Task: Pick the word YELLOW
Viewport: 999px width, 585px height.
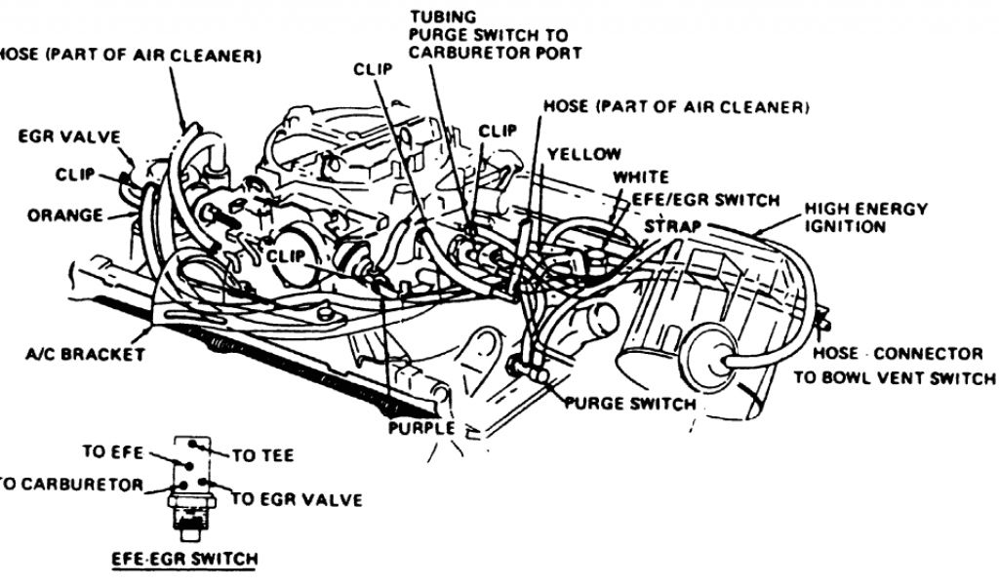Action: tap(583, 154)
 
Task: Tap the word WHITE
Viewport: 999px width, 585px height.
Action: tap(641, 177)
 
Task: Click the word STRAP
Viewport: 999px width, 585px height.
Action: tap(670, 225)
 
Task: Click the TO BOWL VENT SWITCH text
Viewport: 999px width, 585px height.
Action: tap(894, 378)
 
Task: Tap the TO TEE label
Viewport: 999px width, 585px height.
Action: tap(262, 455)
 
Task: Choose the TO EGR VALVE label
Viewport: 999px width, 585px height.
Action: tap(297, 500)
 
